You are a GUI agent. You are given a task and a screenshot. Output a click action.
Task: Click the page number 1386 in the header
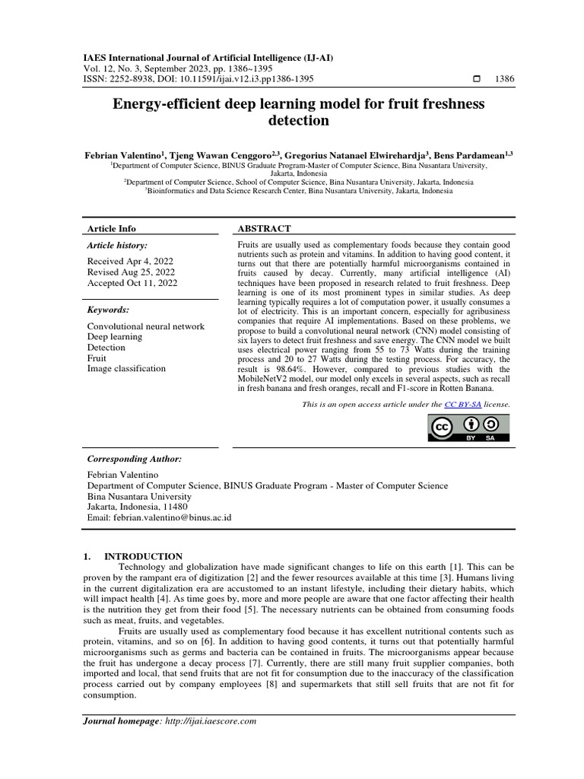point(503,78)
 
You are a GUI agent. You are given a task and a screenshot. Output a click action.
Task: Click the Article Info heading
point(112,228)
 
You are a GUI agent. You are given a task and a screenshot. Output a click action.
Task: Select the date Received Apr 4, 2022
point(130,260)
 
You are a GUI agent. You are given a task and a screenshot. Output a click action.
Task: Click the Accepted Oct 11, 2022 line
point(132,283)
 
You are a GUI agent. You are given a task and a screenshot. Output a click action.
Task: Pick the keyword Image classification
point(126,369)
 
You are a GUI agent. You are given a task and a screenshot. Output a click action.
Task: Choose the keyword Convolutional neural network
point(146,326)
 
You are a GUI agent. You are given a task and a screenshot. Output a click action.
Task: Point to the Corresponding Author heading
point(135,459)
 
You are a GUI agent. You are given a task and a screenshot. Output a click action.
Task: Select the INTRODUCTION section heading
point(144,557)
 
